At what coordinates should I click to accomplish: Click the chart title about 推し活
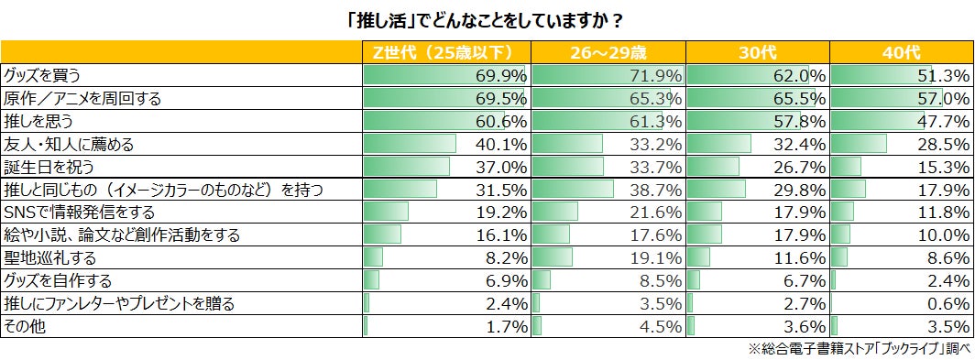(x=487, y=19)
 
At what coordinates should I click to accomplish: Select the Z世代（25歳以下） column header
(x=446, y=52)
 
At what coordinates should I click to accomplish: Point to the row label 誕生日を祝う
(x=49, y=167)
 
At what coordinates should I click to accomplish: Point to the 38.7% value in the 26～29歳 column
(x=655, y=190)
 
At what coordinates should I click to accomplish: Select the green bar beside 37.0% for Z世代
(x=407, y=167)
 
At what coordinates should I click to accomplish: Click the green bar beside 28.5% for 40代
(x=858, y=144)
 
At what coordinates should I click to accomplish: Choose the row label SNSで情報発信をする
(x=74, y=213)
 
